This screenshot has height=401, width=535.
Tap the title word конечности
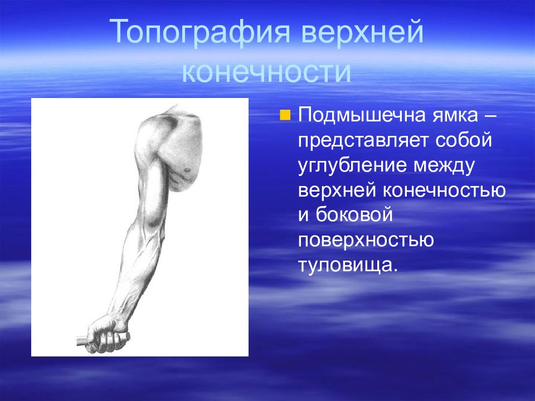pos(266,72)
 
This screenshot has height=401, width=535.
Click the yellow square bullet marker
pos(285,115)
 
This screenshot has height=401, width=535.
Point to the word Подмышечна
pos(362,116)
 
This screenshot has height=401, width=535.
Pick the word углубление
pos(353,165)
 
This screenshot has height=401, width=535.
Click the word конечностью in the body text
pos(444,190)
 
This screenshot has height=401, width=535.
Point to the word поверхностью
pos(366,241)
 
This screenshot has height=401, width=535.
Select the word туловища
pos(348,266)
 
